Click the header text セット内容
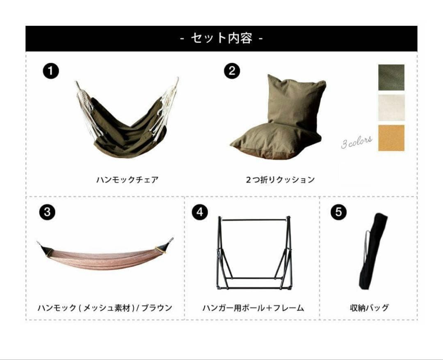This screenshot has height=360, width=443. pos(221,38)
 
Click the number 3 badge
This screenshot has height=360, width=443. pos(47,212)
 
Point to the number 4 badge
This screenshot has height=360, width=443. pos(200,212)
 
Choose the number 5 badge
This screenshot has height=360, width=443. pos(338,212)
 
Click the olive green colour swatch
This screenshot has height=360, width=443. pos(391,77)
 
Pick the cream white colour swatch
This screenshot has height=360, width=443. pos(391,107)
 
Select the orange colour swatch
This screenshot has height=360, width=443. pos(391,138)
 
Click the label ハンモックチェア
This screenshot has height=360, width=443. pos(128,180)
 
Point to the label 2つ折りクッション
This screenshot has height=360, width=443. pos(280,180)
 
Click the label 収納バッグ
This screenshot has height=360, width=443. pos(369,308)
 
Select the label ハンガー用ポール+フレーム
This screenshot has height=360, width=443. pos(253,308)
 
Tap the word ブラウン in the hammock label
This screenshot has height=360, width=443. pos(157,308)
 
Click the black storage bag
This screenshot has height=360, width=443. pos(372,251)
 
